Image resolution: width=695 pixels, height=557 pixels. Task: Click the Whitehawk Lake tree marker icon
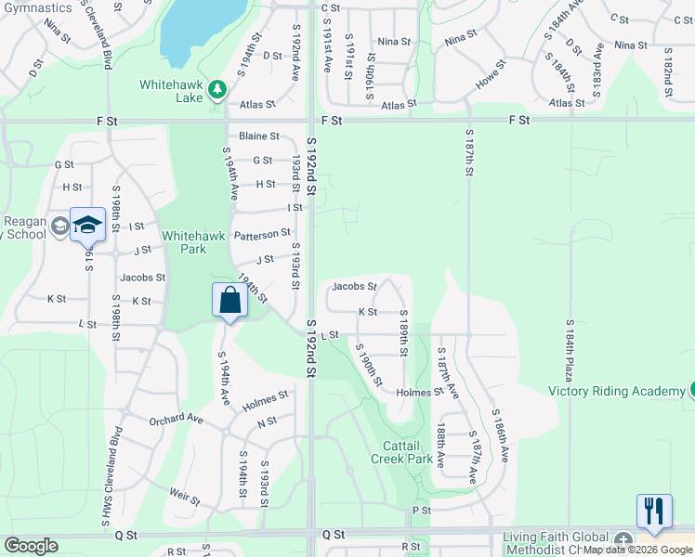tap(217, 88)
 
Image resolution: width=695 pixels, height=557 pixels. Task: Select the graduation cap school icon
tap(87, 225)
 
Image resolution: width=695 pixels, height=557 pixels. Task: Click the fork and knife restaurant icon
tap(654, 511)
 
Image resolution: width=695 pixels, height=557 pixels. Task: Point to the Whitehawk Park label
tap(193, 243)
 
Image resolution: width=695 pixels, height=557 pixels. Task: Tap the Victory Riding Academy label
tap(616, 391)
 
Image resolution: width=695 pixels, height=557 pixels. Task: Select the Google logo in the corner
tap(31, 546)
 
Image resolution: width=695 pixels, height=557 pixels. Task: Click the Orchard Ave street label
tap(176, 420)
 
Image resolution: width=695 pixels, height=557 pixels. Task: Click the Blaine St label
tap(259, 136)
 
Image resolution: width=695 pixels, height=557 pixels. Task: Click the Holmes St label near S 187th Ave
tap(420, 393)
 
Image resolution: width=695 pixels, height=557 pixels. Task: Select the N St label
tap(268, 421)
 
